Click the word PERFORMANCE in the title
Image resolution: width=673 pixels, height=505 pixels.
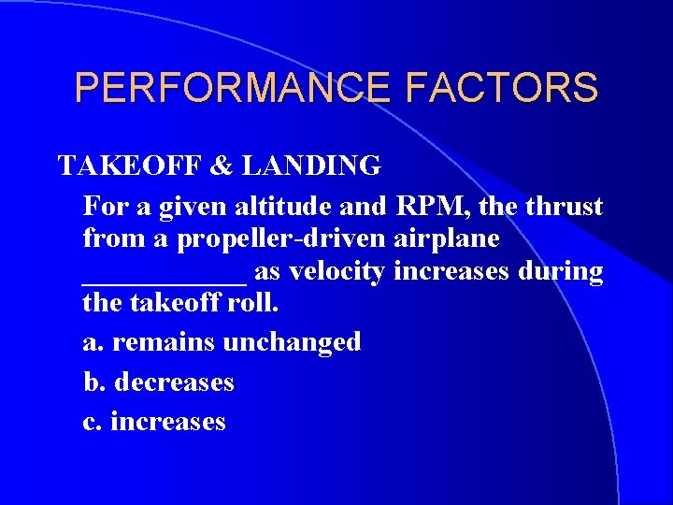point(221,88)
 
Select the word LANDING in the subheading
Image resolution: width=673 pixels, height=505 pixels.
point(311,166)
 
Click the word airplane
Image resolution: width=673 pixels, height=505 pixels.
point(452,238)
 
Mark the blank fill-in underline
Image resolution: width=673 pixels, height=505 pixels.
point(165,277)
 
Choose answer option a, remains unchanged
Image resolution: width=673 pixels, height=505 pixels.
point(222,342)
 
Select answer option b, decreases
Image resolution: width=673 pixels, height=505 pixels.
point(159,382)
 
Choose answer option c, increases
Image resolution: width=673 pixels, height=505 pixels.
point(155,422)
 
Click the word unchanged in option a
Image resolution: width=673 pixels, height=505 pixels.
point(292,342)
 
